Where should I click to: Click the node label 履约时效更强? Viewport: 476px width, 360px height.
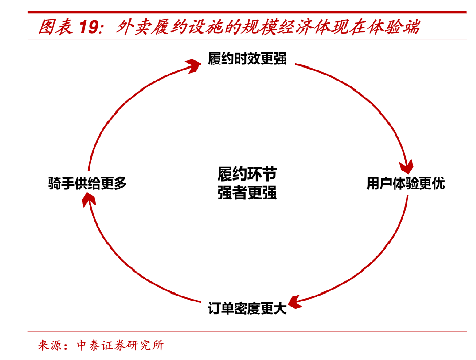tap(247, 59)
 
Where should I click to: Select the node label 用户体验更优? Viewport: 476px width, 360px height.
tap(406, 184)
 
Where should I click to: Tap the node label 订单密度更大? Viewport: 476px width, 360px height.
tap(247, 309)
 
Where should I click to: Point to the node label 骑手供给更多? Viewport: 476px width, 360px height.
tap(88, 184)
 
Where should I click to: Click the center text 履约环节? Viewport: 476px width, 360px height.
tap(247, 174)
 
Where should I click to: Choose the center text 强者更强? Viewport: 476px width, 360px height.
tap(247, 193)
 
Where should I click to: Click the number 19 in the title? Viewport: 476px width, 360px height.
tap(90, 27)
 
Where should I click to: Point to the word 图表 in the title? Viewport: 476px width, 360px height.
tap(55, 27)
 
